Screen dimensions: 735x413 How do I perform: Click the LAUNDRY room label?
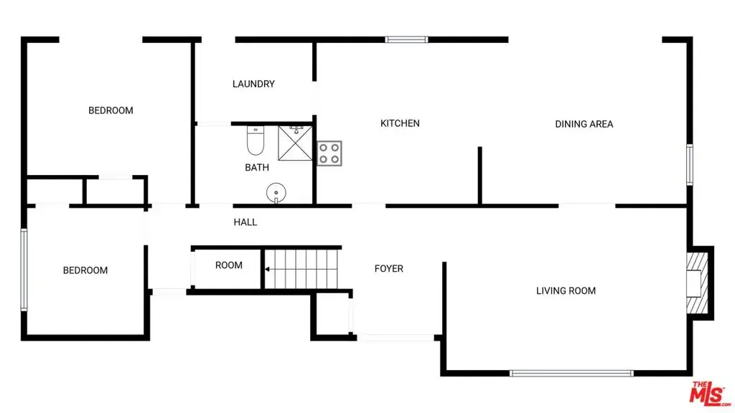253,84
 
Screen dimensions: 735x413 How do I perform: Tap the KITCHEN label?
400,123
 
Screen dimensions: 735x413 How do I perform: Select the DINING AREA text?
584,124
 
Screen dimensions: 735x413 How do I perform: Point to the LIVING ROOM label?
566,291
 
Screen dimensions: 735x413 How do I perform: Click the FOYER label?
388,268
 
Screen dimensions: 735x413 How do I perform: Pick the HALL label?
245,222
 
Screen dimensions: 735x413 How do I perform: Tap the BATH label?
257,167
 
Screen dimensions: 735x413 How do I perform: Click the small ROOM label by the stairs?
229,265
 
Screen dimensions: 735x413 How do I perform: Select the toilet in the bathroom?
256,141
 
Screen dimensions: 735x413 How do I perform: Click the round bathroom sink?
276,192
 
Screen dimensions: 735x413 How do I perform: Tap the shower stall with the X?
295,143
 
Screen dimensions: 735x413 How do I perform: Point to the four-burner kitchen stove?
329,153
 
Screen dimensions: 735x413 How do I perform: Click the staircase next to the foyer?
301,270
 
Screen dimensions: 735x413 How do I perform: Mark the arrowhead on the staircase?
267,270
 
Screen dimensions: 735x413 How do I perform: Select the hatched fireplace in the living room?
697,283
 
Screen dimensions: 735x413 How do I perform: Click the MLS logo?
710,393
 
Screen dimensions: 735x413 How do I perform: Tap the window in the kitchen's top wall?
406,40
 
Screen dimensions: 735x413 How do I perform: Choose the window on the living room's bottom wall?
571,373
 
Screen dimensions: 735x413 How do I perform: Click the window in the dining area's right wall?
690,165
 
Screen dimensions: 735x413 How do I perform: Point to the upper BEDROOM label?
111,110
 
